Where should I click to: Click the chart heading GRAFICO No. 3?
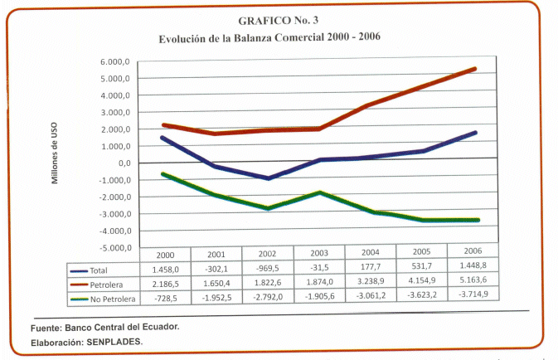(x=269, y=22)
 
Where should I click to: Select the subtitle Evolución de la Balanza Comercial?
(x=269, y=39)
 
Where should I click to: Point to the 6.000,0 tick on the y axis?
(x=116, y=62)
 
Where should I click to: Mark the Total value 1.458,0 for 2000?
(x=167, y=270)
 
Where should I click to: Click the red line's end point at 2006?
(x=475, y=68)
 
